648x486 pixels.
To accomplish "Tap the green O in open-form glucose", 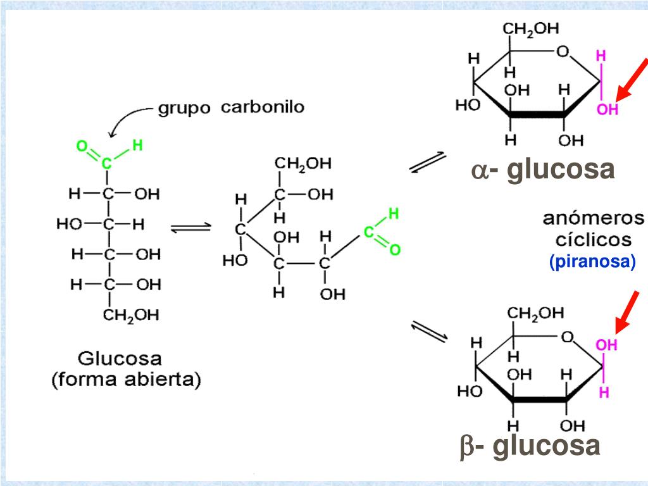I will (x=82, y=147).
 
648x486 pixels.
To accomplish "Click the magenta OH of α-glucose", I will (x=607, y=109).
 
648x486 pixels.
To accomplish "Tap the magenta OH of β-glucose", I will (x=606, y=345).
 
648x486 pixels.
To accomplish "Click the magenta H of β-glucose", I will (x=604, y=392).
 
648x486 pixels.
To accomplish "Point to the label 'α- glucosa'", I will (x=542, y=170).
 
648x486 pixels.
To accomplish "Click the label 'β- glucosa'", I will (x=530, y=445).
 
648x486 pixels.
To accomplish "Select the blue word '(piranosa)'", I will (x=592, y=261).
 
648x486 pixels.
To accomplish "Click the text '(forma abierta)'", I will (x=125, y=380).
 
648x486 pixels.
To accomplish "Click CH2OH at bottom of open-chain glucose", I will (x=131, y=315).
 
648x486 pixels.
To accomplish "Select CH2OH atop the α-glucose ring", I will (x=531, y=29).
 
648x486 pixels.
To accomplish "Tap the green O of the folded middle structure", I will (x=395, y=251).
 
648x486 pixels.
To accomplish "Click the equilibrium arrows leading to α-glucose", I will (x=428, y=162).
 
